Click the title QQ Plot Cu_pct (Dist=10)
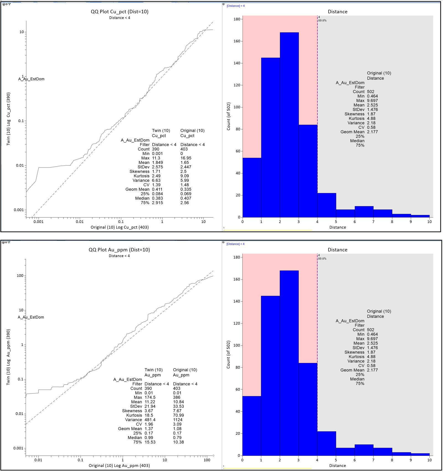[x=120, y=12]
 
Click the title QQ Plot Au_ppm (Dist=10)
[x=119, y=250]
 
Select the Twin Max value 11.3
[x=156, y=158]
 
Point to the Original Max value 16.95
[x=186, y=158]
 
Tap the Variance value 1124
[x=177, y=420]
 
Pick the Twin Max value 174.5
[x=150, y=397]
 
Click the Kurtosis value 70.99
[x=178, y=415]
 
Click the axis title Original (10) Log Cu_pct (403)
[x=120, y=227]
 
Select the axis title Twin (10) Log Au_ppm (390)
[x=8, y=357]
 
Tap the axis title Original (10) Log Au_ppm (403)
[x=119, y=466]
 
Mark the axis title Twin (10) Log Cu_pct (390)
[x=8, y=119]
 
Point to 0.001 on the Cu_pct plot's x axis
[x=38, y=222]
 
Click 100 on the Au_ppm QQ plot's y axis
[x=20, y=276]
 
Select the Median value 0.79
[x=177, y=438]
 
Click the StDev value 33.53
[x=178, y=406]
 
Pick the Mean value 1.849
[x=157, y=163]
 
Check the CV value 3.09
[x=177, y=424]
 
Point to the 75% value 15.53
[x=150, y=442]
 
